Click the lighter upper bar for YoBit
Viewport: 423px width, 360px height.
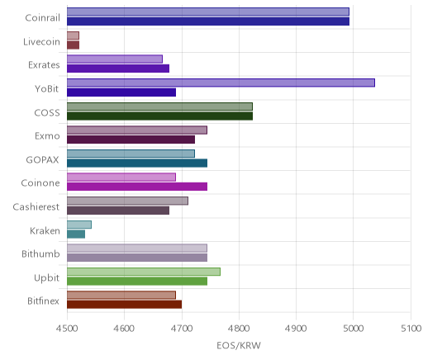click(221, 83)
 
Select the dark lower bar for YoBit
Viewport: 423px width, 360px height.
click(121, 92)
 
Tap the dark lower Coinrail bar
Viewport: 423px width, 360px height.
click(208, 21)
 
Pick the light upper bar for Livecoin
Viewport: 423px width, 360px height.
click(73, 36)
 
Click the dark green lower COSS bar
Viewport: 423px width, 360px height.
click(159, 116)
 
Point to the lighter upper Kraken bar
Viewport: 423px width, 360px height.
click(79, 225)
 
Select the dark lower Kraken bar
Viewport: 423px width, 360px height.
click(76, 234)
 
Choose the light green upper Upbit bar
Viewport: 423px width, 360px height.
click(144, 272)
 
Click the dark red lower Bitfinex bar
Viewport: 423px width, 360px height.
click(124, 305)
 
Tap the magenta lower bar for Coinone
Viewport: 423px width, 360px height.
click(137, 187)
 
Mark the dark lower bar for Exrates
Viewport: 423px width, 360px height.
click(118, 69)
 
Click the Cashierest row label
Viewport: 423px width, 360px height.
click(36, 206)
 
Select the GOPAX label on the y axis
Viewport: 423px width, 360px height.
click(43, 159)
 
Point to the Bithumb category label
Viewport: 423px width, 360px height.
click(40, 253)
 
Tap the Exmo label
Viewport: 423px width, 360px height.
click(47, 136)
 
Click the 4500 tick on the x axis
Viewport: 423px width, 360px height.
click(67, 329)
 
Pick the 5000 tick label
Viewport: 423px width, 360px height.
click(354, 329)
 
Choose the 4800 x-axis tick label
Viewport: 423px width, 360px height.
click(239, 329)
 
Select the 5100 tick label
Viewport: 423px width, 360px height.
click(411, 329)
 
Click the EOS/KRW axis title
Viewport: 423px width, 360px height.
click(239, 345)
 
